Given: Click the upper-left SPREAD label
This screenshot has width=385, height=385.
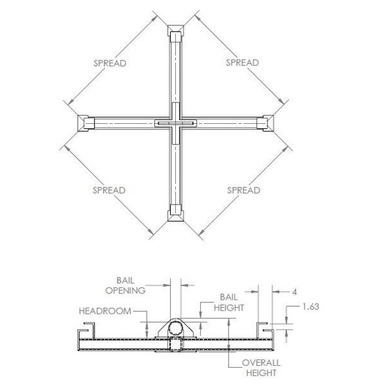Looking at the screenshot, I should [x=109, y=63].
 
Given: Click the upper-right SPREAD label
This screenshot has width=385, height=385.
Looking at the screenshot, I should [x=243, y=63].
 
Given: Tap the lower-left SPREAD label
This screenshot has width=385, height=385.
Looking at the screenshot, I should [x=109, y=191].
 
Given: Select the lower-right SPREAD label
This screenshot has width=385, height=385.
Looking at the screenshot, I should [x=243, y=191].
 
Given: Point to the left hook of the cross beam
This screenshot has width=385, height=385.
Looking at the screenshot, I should [x=84, y=123].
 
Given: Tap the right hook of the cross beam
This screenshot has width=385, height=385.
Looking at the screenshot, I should [x=266, y=123].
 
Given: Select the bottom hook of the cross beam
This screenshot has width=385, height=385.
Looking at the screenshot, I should [x=175, y=213].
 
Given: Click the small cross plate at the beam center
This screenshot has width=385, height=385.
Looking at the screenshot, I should [x=175, y=123].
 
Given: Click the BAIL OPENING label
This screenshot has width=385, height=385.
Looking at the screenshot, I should [x=130, y=286].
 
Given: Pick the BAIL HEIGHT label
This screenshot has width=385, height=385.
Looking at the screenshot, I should [x=230, y=303].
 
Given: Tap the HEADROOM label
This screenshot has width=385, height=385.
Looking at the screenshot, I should [x=105, y=311].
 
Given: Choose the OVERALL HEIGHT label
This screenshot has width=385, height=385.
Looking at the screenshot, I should [x=261, y=368].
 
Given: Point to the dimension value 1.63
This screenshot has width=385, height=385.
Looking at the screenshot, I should [x=311, y=307].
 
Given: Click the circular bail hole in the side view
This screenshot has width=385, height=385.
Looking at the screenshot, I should [x=175, y=330].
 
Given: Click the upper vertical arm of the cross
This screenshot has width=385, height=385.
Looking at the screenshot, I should [x=175, y=71].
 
